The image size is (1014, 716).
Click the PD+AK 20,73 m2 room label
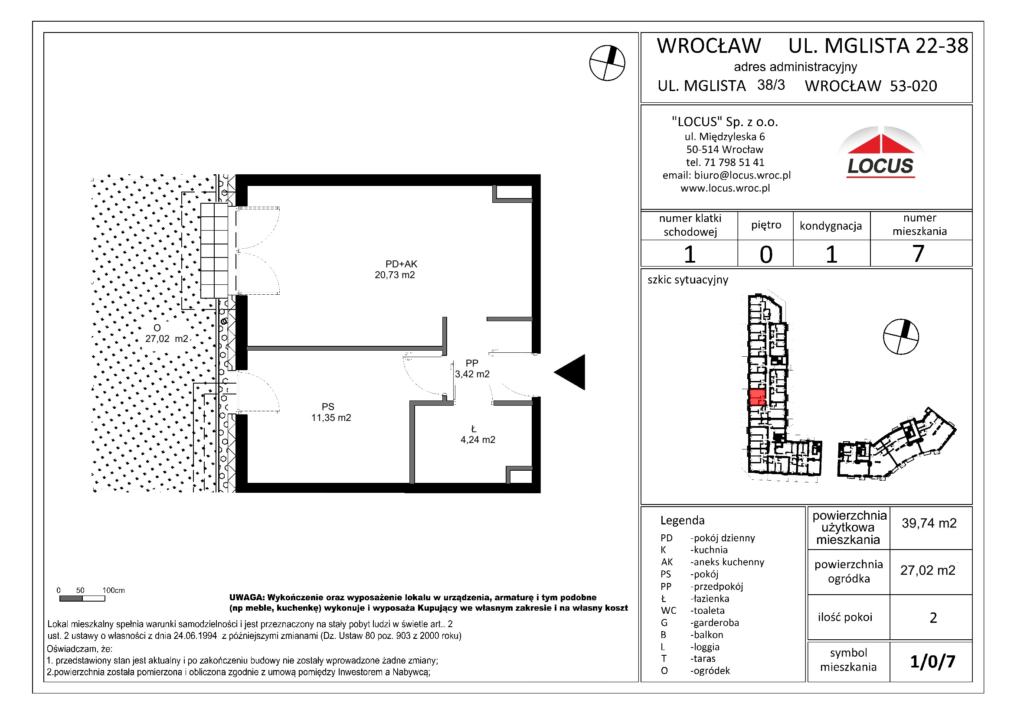(396, 269)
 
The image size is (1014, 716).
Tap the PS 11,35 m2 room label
(330, 412)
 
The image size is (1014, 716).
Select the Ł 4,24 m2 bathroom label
(477, 434)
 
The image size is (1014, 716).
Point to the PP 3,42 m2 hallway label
(472, 368)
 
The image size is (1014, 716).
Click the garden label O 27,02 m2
(166, 333)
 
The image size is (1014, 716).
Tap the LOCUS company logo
(880, 153)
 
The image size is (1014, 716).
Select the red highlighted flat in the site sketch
(757, 397)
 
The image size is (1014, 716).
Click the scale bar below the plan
(82, 599)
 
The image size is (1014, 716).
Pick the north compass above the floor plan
(607, 63)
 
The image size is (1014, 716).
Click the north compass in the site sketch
(900, 336)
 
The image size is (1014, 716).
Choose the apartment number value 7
(918, 254)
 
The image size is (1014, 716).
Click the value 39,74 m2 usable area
(929, 523)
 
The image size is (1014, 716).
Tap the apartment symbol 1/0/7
(932, 661)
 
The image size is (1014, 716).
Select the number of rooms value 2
(933, 617)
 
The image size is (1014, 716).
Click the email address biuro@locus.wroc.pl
(742, 175)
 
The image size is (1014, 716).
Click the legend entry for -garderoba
(714, 622)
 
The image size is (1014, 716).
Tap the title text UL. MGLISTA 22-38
(878, 46)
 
